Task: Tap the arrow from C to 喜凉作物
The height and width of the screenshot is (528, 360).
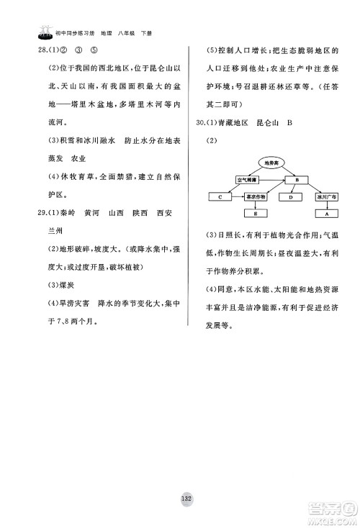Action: point(237,196)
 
